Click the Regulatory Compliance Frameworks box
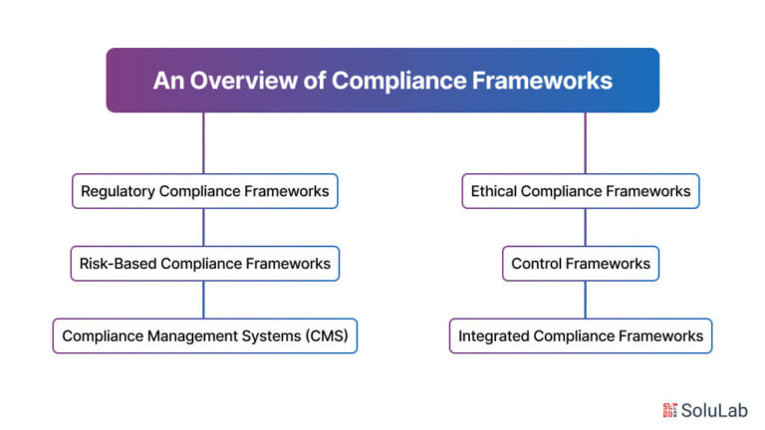tap(205, 191)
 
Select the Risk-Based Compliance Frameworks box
tap(205, 264)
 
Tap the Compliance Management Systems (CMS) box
tap(205, 335)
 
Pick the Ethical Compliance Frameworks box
tap(581, 191)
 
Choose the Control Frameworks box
tap(581, 264)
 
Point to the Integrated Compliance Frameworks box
tap(581, 335)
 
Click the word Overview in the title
tap(243, 81)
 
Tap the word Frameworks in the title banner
tap(542, 81)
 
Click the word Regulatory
tap(118, 191)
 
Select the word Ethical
tap(493, 191)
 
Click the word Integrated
tap(494, 336)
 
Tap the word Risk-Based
tap(118, 264)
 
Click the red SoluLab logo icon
tap(669, 410)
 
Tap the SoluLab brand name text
tap(714, 410)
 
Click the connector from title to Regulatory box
tap(203, 143)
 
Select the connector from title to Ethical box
tap(585, 143)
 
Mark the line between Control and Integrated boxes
tap(585, 300)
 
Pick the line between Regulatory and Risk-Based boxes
tap(203, 227)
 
